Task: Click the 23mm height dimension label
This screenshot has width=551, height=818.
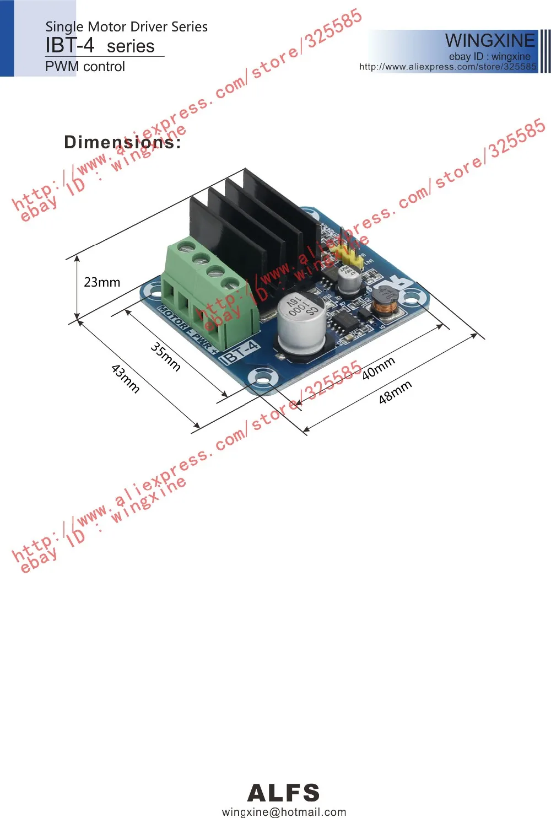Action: click(x=101, y=282)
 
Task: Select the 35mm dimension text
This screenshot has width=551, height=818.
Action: click(x=165, y=357)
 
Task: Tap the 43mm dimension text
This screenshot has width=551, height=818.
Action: click(x=126, y=378)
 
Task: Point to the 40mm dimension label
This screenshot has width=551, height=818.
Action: click(x=379, y=368)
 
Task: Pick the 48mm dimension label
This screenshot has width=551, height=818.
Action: click(x=395, y=392)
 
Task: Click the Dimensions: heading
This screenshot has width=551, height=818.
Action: click(x=122, y=142)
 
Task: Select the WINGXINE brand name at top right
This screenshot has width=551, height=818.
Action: click(x=489, y=40)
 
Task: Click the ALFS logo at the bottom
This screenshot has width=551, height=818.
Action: click(x=283, y=793)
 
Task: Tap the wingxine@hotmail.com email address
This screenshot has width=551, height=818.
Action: click(x=284, y=811)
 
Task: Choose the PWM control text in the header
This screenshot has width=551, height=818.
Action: click(x=85, y=67)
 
